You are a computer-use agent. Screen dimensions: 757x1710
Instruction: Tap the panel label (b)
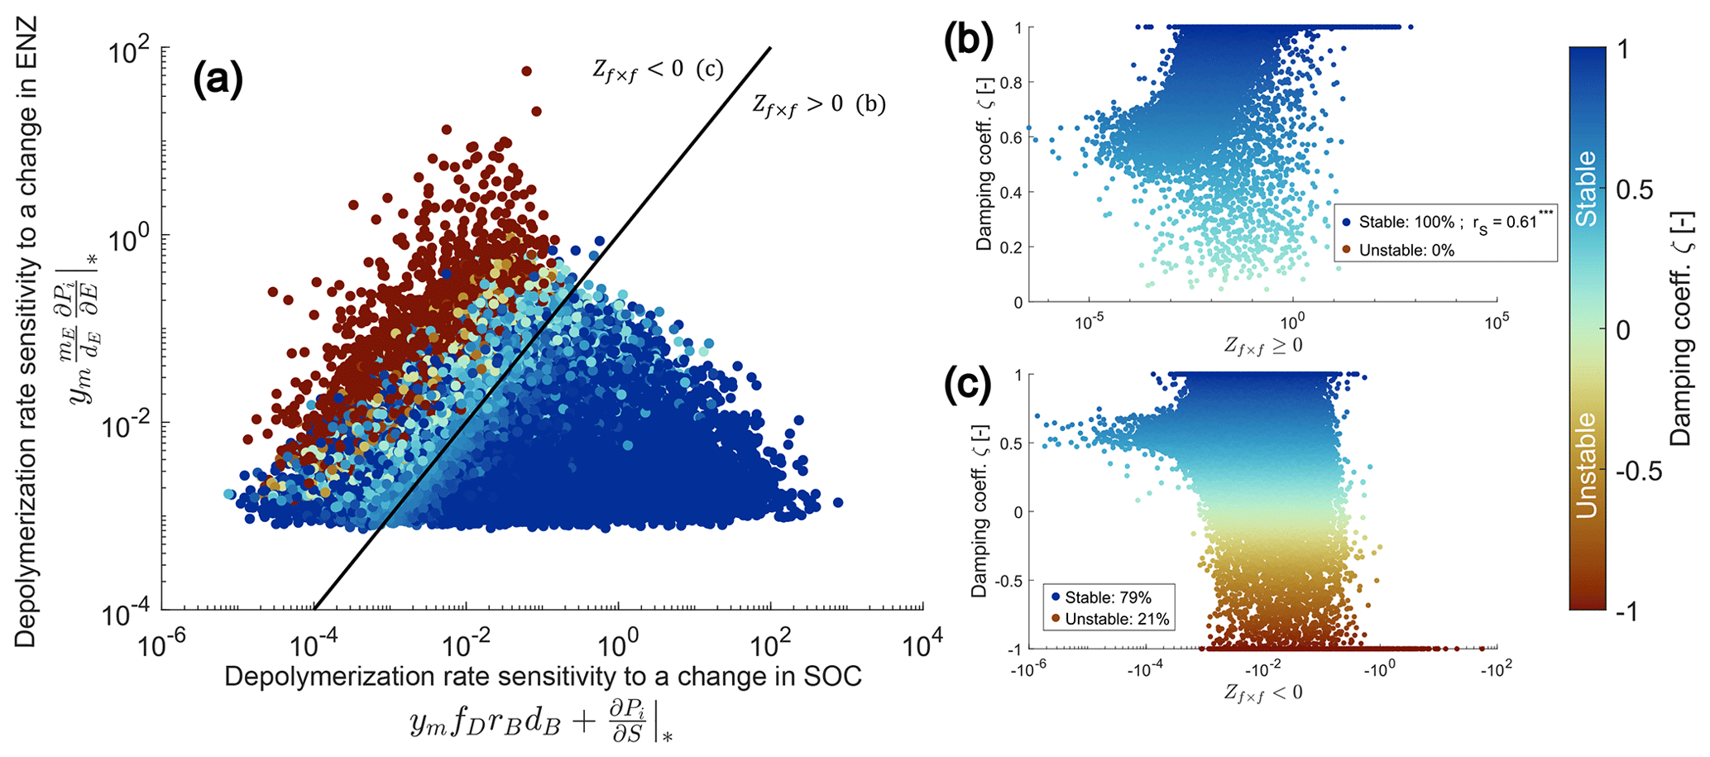(x=968, y=41)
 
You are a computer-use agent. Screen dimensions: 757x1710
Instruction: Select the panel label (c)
(x=968, y=388)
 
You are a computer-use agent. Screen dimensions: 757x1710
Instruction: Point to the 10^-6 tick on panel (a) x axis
(x=161, y=645)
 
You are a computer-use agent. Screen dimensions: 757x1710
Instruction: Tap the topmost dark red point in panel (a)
(x=526, y=71)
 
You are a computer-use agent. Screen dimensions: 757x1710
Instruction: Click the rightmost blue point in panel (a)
(x=837, y=502)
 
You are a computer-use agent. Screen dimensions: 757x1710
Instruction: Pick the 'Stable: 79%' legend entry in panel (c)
(x=1108, y=596)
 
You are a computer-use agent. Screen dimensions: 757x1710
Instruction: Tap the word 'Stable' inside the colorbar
(x=1586, y=188)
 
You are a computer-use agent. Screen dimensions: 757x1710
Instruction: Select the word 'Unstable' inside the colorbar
(x=1586, y=465)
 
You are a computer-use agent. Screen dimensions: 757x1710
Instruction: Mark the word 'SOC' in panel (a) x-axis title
(x=831, y=677)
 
